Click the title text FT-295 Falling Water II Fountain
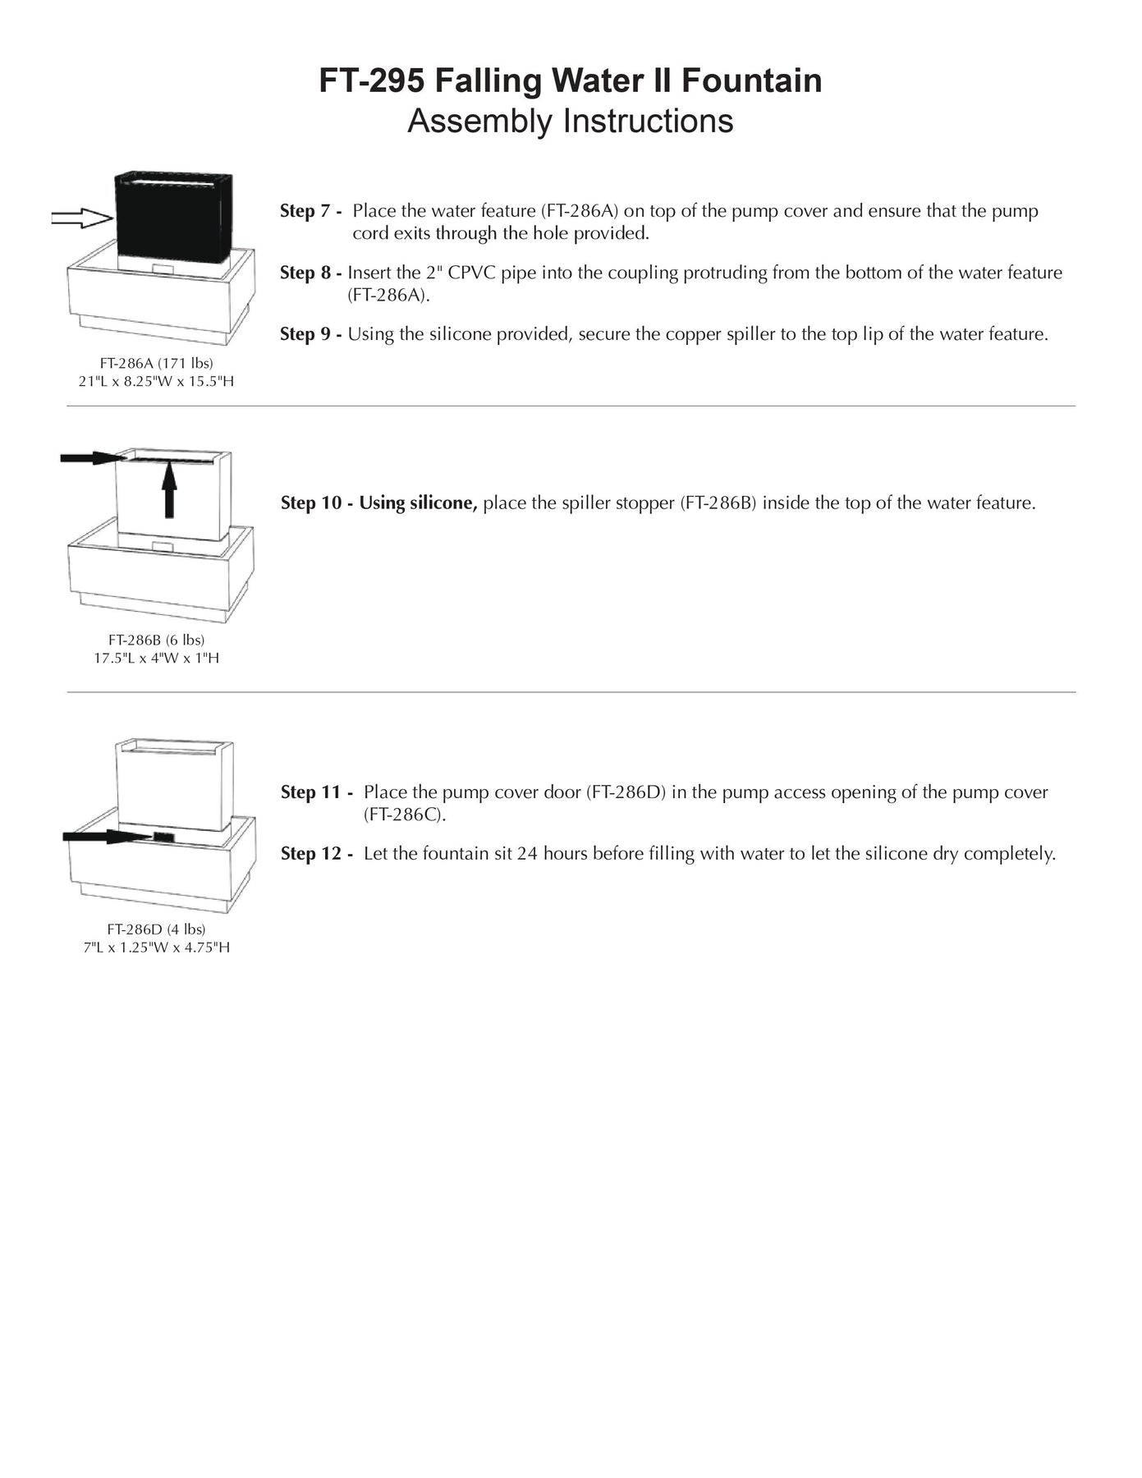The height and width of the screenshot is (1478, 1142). tap(570, 80)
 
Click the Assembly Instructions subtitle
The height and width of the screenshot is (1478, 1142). tap(570, 122)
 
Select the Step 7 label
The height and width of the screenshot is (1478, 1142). tap(310, 211)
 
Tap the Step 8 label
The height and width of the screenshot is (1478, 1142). tap(310, 273)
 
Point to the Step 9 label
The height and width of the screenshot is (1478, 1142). tap(310, 334)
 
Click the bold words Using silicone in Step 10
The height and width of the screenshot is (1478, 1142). tap(418, 503)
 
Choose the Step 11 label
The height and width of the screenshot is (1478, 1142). tap(316, 792)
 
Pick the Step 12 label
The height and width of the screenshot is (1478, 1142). tap(316, 854)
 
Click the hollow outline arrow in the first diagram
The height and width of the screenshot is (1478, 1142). tap(81, 218)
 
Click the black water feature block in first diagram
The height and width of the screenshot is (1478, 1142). tap(173, 218)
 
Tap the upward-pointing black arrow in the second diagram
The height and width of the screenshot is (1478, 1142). tap(169, 489)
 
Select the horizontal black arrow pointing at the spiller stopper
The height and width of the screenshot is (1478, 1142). tap(90, 457)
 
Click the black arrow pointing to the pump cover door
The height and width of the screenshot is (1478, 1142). tap(107, 837)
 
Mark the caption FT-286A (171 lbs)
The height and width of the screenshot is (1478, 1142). tap(156, 362)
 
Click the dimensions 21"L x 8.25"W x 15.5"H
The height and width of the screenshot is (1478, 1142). tap(156, 381)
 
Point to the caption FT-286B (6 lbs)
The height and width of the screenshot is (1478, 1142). tap(156, 640)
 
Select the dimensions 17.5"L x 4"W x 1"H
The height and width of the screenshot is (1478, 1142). tap(156, 659)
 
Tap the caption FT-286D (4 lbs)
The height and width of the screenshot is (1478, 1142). tap(156, 929)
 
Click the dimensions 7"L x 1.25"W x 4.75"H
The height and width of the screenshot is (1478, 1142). tap(156, 948)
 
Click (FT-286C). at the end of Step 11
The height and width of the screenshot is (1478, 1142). tap(405, 815)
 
